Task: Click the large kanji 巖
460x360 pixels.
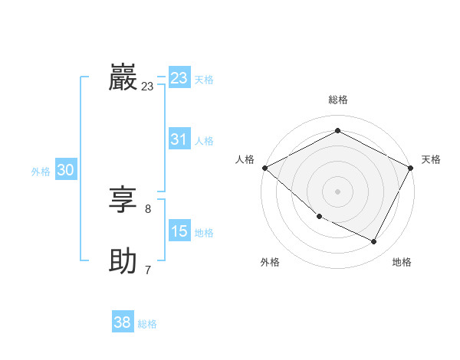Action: (x=123, y=77)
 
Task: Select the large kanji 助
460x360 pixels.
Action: (x=123, y=261)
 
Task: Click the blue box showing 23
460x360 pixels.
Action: (x=179, y=78)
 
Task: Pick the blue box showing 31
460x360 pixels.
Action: (x=179, y=139)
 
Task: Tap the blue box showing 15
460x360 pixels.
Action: (x=179, y=231)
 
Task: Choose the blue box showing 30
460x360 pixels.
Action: (x=65, y=171)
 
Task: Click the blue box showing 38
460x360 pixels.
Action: (x=123, y=322)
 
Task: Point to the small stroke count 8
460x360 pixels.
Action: (x=148, y=208)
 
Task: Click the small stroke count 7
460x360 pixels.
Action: (x=148, y=270)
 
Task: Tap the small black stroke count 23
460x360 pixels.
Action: (x=148, y=87)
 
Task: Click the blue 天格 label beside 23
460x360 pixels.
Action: (x=204, y=79)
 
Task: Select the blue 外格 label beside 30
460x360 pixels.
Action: (x=41, y=172)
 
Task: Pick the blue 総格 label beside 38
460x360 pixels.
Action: (x=147, y=323)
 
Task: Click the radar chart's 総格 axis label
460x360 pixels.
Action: (x=338, y=100)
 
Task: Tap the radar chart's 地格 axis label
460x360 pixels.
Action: (x=402, y=262)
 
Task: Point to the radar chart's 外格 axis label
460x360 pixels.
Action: (x=270, y=262)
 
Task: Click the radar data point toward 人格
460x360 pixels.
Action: (x=264, y=168)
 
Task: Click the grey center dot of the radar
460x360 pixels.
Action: (x=337, y=191)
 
